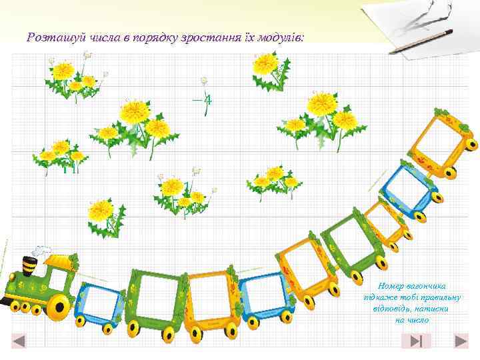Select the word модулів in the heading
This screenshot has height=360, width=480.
[x=280, y=37]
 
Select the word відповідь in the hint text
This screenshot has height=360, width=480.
[x=394, y=309]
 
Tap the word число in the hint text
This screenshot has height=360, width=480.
[x=421, y=320]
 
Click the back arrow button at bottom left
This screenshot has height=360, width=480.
[x=19, y=341]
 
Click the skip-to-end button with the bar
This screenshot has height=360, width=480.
[x=416, y=341]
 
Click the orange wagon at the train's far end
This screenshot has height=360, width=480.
[x=443, y=143]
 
